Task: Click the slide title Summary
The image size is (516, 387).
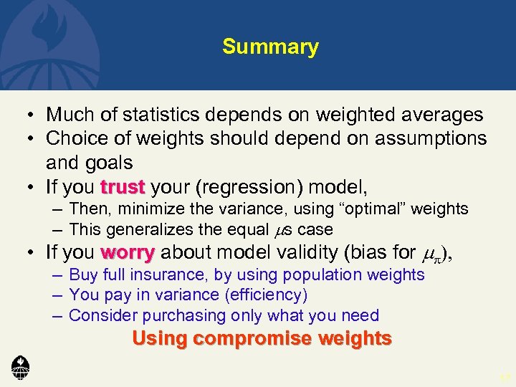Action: (270, 47)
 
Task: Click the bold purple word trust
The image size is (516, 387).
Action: (123, 188)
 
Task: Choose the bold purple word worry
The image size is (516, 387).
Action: (128, 252)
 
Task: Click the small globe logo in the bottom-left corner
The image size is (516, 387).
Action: (20, 368)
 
